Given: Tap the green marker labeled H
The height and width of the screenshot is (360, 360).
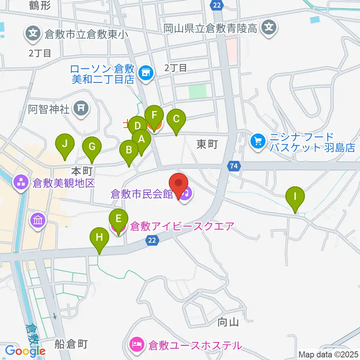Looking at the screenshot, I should pyautogui.click(x=99, y=237).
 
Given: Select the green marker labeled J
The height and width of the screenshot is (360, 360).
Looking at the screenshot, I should pyautogui.click(x=65, y=144).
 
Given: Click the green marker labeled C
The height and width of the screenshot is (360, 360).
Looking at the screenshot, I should pyautogui.click(x=176, y=119).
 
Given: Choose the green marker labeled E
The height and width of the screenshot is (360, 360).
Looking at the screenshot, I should pyautogui.click(x=118, y=219).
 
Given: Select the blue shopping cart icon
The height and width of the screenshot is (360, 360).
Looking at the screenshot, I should pyautogui.click(x=258, y=141).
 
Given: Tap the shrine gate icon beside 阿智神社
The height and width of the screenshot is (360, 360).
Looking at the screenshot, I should pyautogui.click(x=81, y=109).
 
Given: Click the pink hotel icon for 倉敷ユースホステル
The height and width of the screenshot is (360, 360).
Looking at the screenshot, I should pyautogui.click(x=135, y=344).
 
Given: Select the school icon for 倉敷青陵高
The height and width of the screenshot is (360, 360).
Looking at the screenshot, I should pyautogui.click(x=269, y=27).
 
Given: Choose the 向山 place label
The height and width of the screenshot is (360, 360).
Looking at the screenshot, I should pyautogui.click(x=228, y=322).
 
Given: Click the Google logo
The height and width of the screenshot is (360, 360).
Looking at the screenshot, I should pyautogui.click(x=25, y=351).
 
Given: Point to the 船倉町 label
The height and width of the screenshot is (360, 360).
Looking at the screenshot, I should pyautogui.click(x=71, y=344).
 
